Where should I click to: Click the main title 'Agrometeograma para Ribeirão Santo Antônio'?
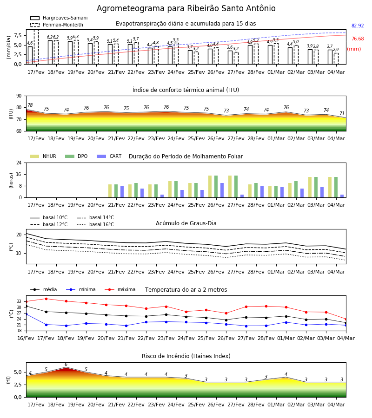[x=186, y=8]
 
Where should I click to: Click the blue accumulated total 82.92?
[x=358, y=26]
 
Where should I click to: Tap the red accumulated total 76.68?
[x=358, y=39]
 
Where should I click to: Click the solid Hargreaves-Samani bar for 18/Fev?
[x=50, y=52]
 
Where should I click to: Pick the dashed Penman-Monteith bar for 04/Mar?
[x=336, y=59]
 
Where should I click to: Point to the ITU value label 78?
[x=30, y=105]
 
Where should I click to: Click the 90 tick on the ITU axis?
[x=19, y=96]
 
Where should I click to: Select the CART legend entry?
[x=109, y=156]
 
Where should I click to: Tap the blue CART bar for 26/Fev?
[x=222, y=190]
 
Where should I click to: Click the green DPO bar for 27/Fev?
[x=236, y=187]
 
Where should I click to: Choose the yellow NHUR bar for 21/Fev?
[x=110, y=191]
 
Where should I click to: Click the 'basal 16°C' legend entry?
[x=95, y=224]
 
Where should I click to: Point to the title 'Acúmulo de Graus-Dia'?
[x=186, y=223]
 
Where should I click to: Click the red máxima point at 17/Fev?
[x=46, y=299]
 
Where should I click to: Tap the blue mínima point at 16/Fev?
[x=26, y=314]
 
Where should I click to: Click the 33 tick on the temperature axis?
[x=19, y=301]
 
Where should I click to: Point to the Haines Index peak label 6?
[x=66, y=365]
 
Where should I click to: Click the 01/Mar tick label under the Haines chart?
[x=276, y=405]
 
